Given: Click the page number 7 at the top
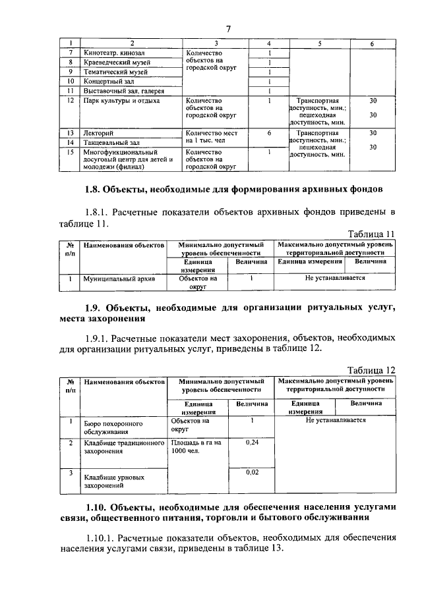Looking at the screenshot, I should click(x=228, y=28).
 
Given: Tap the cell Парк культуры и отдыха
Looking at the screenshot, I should click(x=117, y=101).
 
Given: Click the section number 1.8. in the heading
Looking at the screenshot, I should click(x=96, y=190).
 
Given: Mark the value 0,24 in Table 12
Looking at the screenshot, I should click(x=252, y=443).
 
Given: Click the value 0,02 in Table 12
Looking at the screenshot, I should click(x=252, y=472).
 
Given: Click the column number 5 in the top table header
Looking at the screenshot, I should click(x=319, y=43).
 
